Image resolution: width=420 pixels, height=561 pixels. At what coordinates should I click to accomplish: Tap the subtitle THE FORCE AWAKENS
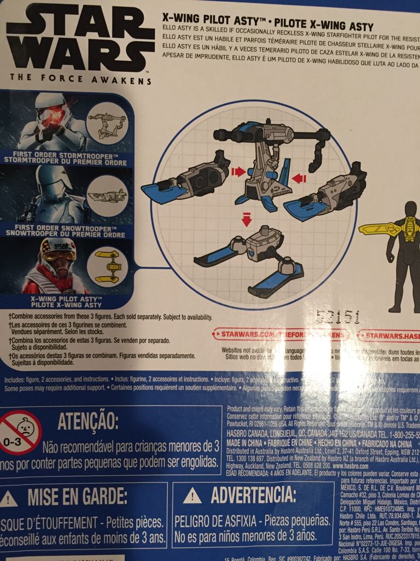click(80, 79)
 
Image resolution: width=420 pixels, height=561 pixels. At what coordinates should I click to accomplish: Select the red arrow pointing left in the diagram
click(298, 177)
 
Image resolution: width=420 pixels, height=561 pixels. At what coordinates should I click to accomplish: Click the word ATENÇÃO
click(87, 422)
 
